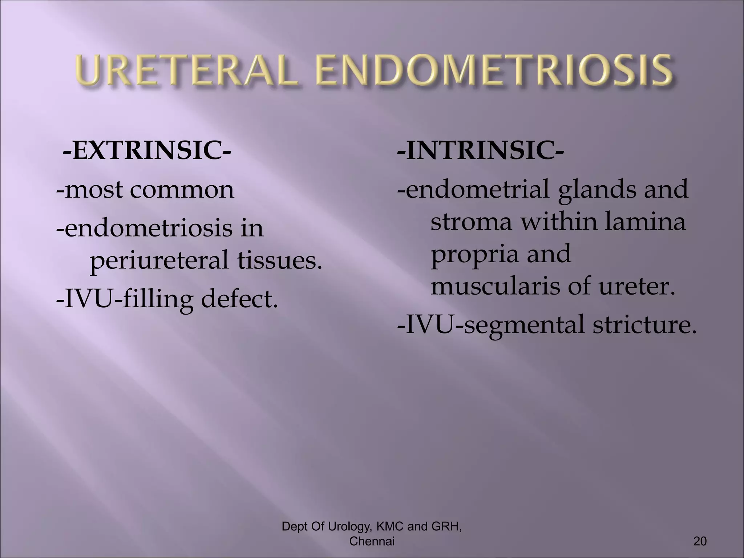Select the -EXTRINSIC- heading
(146, 151)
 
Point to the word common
(182, 190)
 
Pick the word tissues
(280, 260)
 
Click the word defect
(239, 299)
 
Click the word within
(560, 222)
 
